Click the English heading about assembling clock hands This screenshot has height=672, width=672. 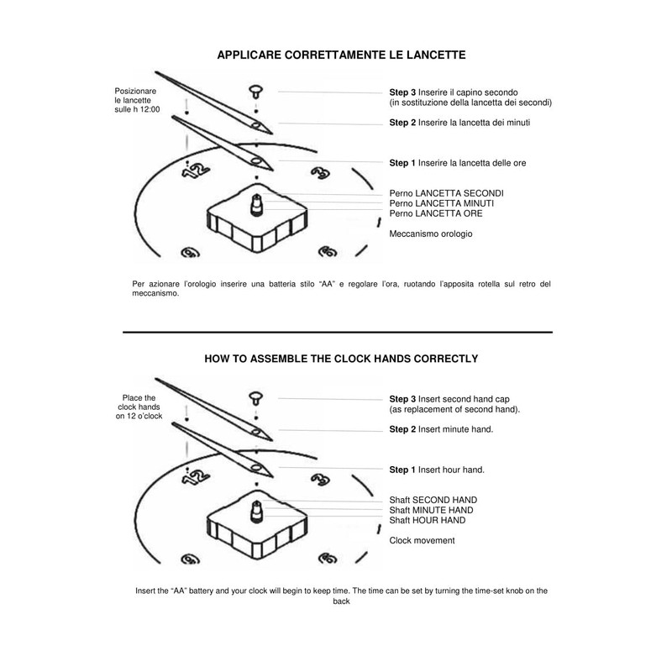coord(341,358)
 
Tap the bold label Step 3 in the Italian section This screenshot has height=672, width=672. coord(402,92)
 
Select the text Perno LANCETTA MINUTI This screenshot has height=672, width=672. coord(441,203)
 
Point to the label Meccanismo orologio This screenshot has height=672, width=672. coord(431,234)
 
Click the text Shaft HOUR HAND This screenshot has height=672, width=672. coord(428,520)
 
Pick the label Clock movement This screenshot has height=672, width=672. coord(422,540)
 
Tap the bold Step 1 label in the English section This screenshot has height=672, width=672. coord(402,469)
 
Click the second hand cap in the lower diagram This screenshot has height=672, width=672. coord(254,396)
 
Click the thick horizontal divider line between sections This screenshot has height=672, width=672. coord(337,333)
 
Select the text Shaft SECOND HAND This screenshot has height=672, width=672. coord(433,500)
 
